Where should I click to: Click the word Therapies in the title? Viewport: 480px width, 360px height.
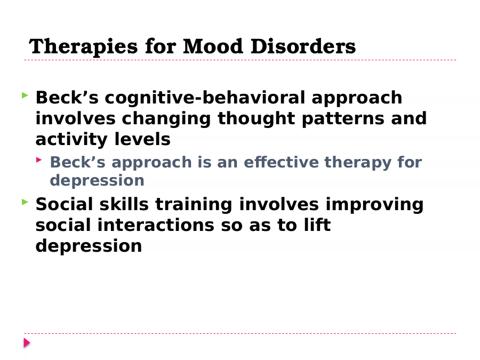(x=83, y=47)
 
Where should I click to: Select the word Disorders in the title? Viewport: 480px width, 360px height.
(x=303, y=46)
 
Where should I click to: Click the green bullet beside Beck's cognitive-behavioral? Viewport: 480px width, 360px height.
(x=25, y=95)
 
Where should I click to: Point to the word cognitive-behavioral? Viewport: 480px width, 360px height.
(x=205, y=99)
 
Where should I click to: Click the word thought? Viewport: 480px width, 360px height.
(x=256, y=119)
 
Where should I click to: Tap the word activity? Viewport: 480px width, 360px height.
(x=71, y=140)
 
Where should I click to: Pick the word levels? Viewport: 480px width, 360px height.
(x=142, y=139)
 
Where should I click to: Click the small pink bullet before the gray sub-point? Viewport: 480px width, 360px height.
(x=39, y=159)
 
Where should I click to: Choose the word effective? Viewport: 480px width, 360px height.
(x=281, y=162)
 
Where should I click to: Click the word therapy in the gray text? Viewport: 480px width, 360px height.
(x=358, y=163)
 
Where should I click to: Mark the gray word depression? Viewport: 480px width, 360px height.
(x=97, y=181)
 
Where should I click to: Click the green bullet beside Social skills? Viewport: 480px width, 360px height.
(x=25, y=202)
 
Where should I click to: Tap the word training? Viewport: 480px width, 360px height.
(x=194, y=205)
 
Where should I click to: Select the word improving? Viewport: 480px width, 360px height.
(x=374, y=205)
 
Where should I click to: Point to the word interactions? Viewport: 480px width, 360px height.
(x=156, y=225)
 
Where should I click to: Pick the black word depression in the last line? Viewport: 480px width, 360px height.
(x=89, y=246)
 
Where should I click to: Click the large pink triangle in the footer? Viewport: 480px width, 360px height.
(x=27, y=343)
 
